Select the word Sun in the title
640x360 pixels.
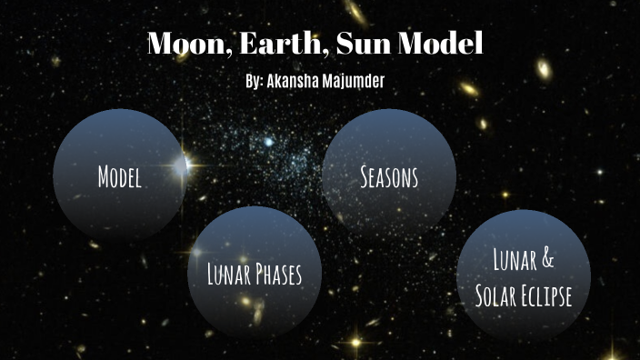[x=352, y=45]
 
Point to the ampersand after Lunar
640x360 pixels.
[x=547, y=260]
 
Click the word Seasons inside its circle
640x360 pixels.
[x=389, y=176]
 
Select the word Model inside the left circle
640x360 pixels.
[x=119, y=177]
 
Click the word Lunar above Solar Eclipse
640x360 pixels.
[x=513, y=260]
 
